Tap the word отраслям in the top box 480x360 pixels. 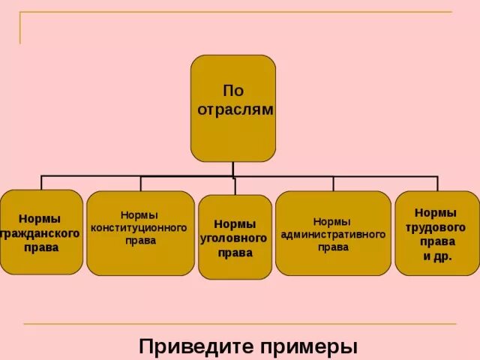click(235, 109)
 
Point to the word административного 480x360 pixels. click(333, 234)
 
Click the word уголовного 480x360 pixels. click(235, 238)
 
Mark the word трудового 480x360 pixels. click(436, 227)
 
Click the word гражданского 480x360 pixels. click(42, 233)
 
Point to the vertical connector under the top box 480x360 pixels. click(233, 169)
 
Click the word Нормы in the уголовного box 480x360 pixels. click(235, 223)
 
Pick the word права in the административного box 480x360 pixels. click(333, 247)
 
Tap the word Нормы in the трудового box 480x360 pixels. click(436, 213)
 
